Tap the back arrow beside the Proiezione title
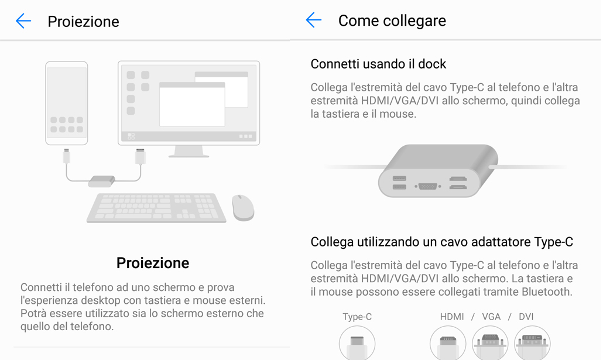(x=23, y=20)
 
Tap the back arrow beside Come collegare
(x=313, y=20)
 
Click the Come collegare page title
(x=392, y=20)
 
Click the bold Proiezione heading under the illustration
(x=153, y=263)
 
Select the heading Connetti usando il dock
(x=378, y=64)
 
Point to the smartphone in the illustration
(x=67, y=103)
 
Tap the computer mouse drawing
(x=243, y=208)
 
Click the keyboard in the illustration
(x=156, y=208)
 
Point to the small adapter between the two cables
(x=101, y=181)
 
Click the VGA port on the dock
(x=427, y=187)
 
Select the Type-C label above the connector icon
(x=357, y=317)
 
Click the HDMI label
(x=452, y=317)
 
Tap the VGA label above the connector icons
(x=491, y=317)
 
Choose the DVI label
(x=526, y=317)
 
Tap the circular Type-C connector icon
(x=357, y=343)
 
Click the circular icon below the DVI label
(x=532, y=343)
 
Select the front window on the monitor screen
(x=192, y=104)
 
